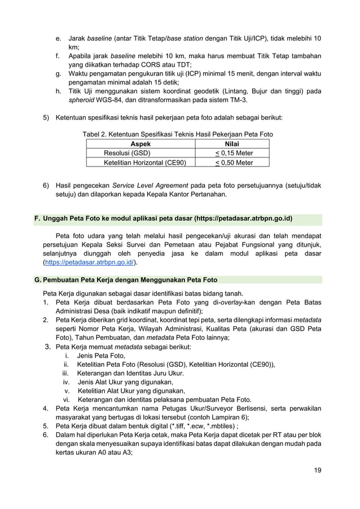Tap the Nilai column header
(x=231, y=144)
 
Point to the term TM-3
(x=244, y=101)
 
